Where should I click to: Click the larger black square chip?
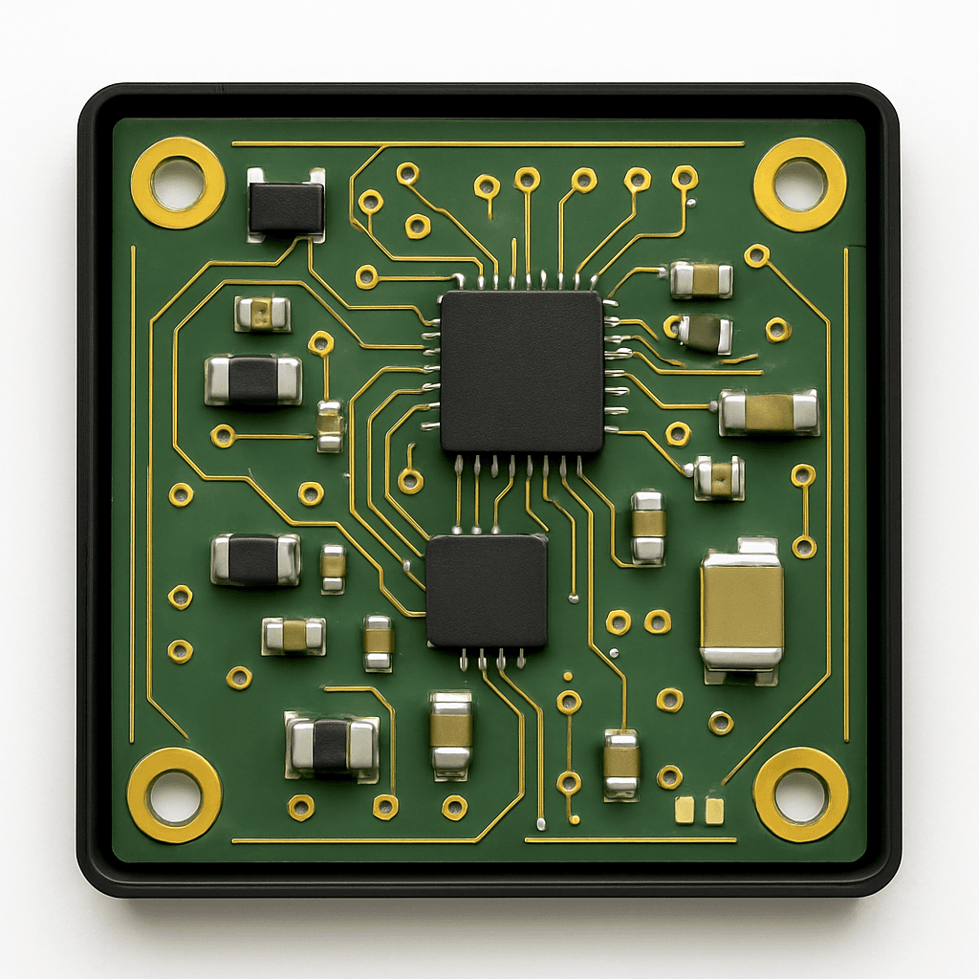pyautogui.click(x=522, y=372)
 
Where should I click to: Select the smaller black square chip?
pyautogui.click(x=487, y=591)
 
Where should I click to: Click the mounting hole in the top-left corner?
pyautogui.click(x=178, y=183)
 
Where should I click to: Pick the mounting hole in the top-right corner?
pyautogui.click(x=800, y=185)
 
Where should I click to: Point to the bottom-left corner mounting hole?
pyautogui.click(x=175, y=795)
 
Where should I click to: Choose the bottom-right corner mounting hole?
pyautogui.click(x=800, y=794)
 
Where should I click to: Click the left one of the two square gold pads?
pyautogui.click(x=685, y=810)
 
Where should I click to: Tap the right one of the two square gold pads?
pyautogui.click(x=714, y=810)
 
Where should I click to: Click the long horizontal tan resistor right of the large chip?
pyautogui.click(x=769, y=412)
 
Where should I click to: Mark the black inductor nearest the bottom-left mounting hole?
pyautogui.click(x=332, y=746)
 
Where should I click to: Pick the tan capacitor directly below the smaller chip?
pyautogui.click(x=450, y=732)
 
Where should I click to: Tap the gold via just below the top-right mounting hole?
pyautogui.click(x=757, y=255)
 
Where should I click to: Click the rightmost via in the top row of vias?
pyautogui.click(x=685, y=177)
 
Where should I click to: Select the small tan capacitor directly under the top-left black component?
pyautogui.click(x=263, y=313)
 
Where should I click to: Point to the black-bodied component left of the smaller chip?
pyautogui.click(x=255, y=559)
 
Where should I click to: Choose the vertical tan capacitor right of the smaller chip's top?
pyautogui.click(x=647, y=525)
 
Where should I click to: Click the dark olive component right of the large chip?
pyautogui.click(x=706, y=333)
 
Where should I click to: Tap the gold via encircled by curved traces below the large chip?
pyautogui.click(x=410, y=481)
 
